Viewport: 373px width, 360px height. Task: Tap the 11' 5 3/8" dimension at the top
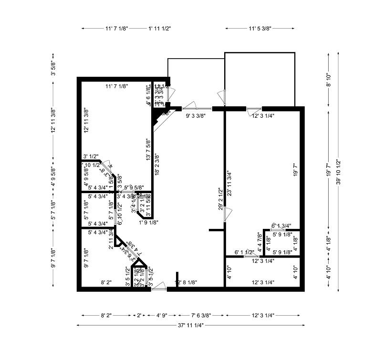point(259,29)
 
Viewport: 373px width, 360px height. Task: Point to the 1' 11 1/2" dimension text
point(160,29)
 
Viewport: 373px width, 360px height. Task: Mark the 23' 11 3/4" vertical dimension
point(229,184)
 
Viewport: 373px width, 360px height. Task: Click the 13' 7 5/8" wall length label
point(148,149)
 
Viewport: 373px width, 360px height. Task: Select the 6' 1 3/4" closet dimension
point(281,226)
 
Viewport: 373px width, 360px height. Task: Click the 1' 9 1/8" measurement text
point(148,222)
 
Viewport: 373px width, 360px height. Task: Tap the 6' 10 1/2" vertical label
point(119,217)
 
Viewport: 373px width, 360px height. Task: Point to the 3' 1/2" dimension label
point(91,156)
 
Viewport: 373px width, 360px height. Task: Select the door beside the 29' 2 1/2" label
point(228,214)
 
